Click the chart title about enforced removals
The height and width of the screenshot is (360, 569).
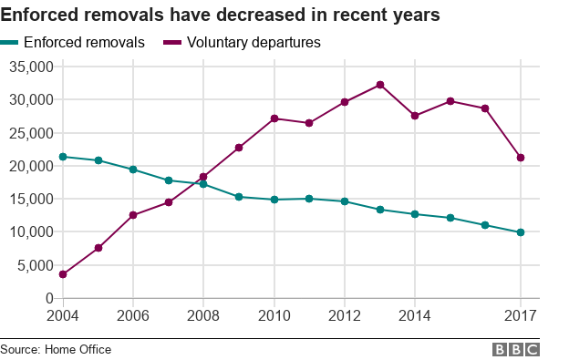point(222,15)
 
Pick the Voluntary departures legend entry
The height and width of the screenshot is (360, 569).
point(241,43)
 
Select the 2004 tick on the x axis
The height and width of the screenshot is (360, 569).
point(62,315)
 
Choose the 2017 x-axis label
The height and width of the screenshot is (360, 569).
point(521,315)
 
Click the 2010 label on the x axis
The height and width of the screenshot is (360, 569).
point(274,315)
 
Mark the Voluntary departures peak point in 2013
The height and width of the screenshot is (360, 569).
point(379,85)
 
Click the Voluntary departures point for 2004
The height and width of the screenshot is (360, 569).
point(62,274)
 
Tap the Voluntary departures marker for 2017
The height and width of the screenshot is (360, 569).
point(521,158)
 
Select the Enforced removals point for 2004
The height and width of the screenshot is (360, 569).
point(62,157)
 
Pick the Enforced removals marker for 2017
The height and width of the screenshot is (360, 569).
point(521,232)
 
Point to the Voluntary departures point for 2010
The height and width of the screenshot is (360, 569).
point(274,118)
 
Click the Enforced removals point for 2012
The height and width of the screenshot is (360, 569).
point(345,201)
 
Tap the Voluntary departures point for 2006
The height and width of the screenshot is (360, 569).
point(133,215)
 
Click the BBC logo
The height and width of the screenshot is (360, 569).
point(516,349)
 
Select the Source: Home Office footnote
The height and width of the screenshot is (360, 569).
point(56,349)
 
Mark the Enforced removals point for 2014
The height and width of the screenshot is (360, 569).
point(415,214)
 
